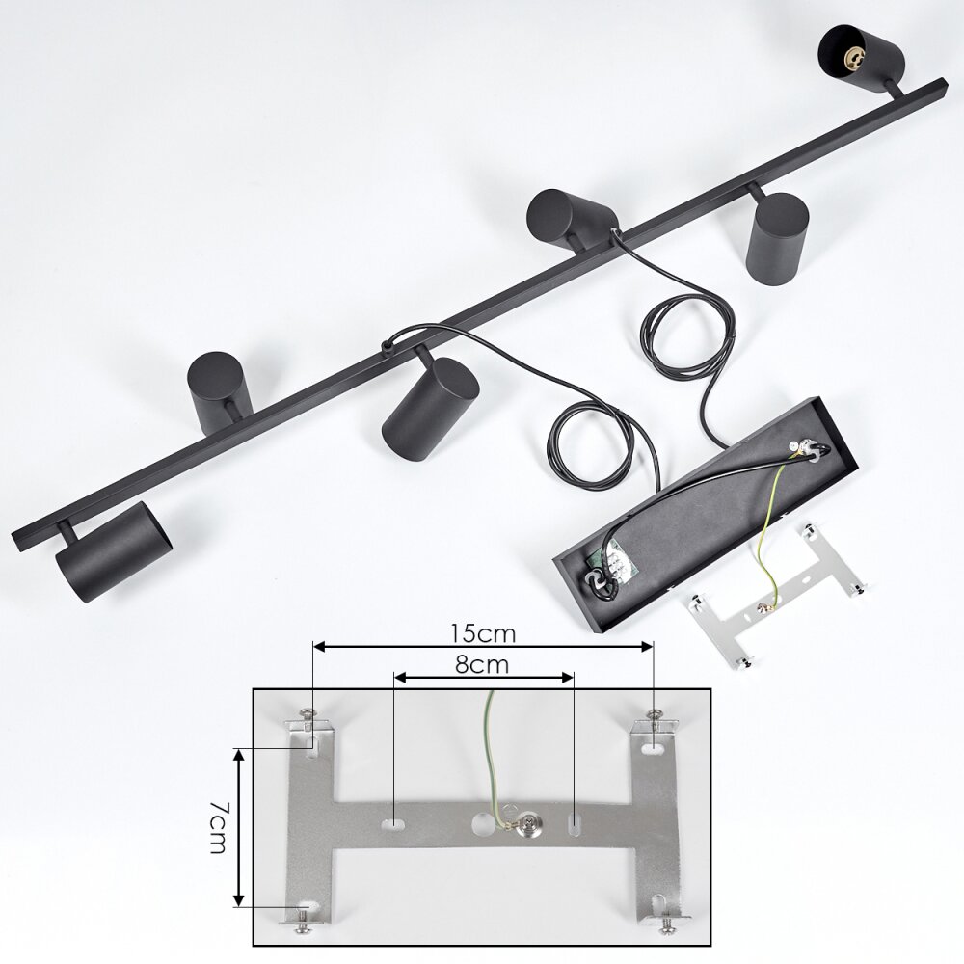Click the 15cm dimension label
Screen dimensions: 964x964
483,633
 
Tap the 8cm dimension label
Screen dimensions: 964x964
483,664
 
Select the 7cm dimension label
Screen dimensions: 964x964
218,827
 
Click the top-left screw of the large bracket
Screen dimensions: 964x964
308,715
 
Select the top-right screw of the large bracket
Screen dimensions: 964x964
655,715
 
